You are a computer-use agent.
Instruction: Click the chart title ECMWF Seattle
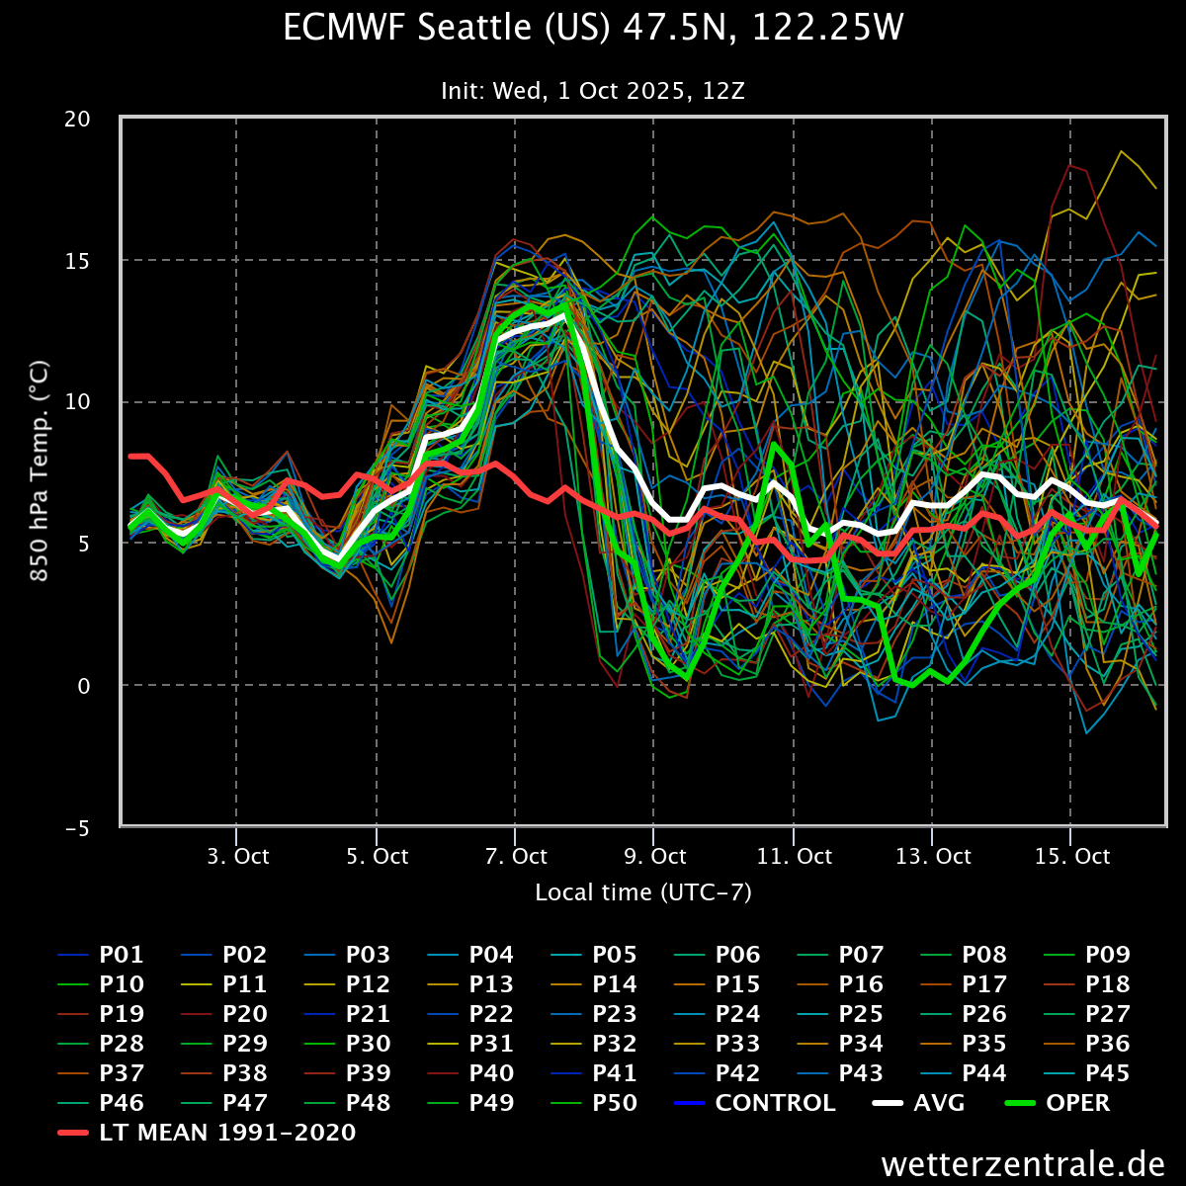(593, 29)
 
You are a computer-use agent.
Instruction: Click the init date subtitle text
(593, 91)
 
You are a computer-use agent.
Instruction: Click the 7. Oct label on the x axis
(516, 856)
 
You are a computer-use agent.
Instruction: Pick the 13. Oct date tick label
(932, 856)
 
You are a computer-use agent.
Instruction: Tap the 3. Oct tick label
(237, 856)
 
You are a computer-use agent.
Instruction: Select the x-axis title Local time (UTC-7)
(643, 892)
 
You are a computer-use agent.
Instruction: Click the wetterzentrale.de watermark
(1023, 1163)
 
